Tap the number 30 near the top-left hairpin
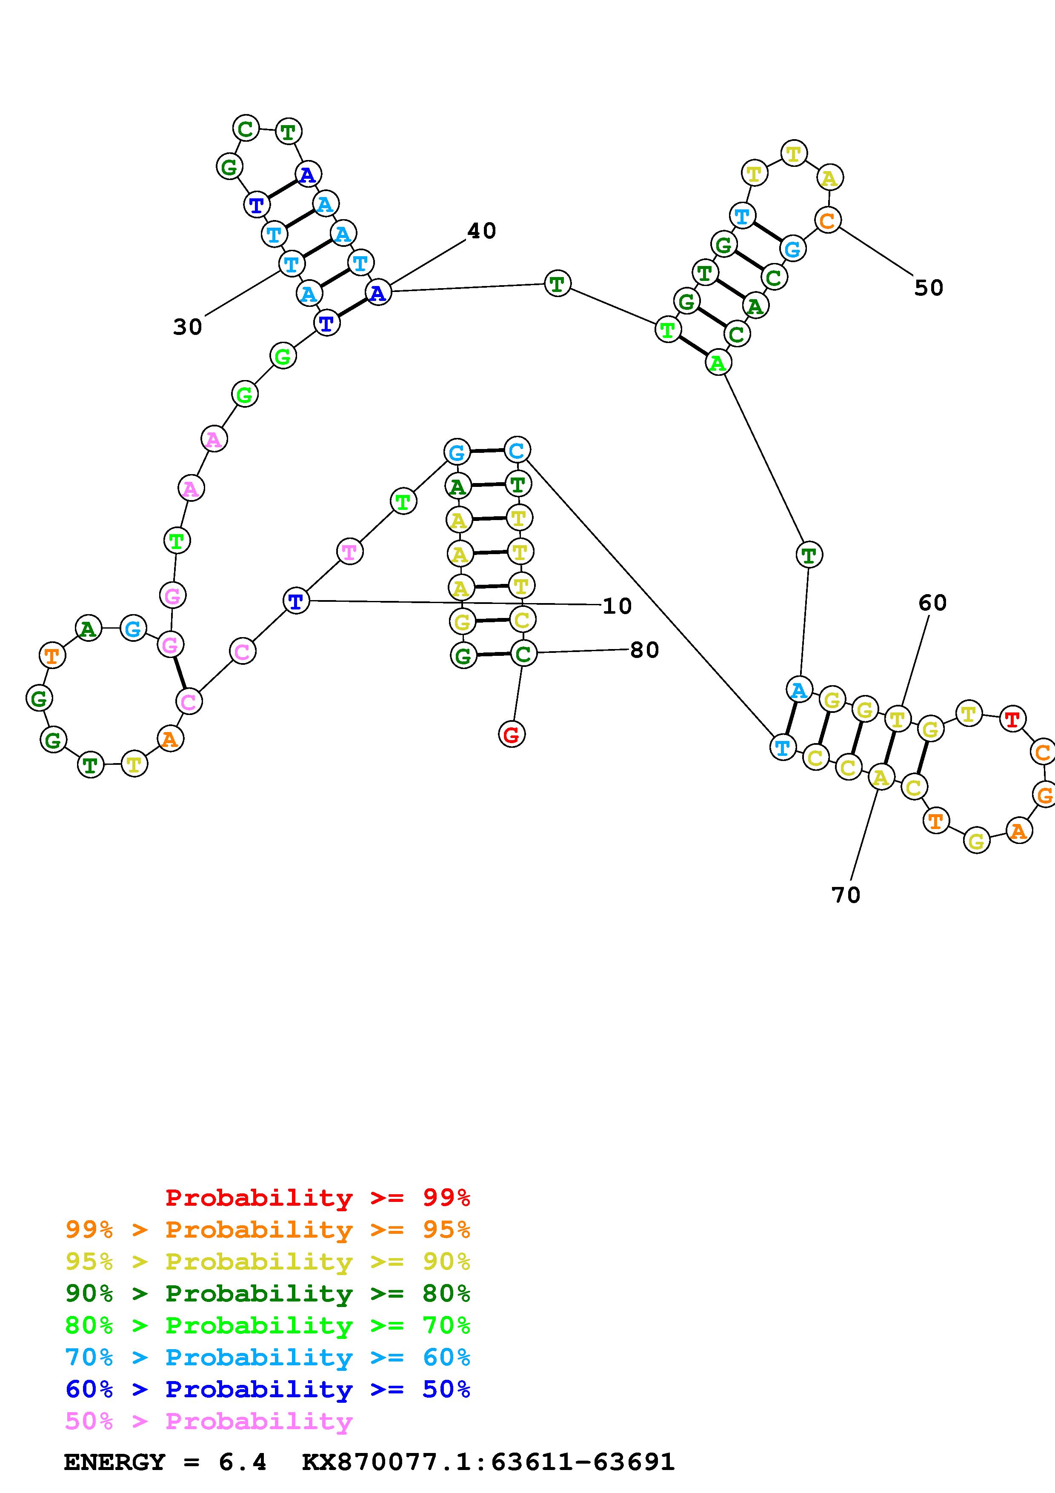point(187,327)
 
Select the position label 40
point(482,231)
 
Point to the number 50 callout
point(928,288)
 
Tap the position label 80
point(644,649)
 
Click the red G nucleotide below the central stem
point(512,735)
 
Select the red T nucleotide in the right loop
point(1012,719)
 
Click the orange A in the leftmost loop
point(170,739)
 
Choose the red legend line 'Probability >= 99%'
point(317,1198)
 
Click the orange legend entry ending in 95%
point(267,1230)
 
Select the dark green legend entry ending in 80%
point(267,1293)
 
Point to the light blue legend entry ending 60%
point(267,1357)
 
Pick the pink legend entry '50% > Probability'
point(209,1421)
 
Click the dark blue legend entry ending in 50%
point(267,1389)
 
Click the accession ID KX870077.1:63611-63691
point(488,1462)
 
